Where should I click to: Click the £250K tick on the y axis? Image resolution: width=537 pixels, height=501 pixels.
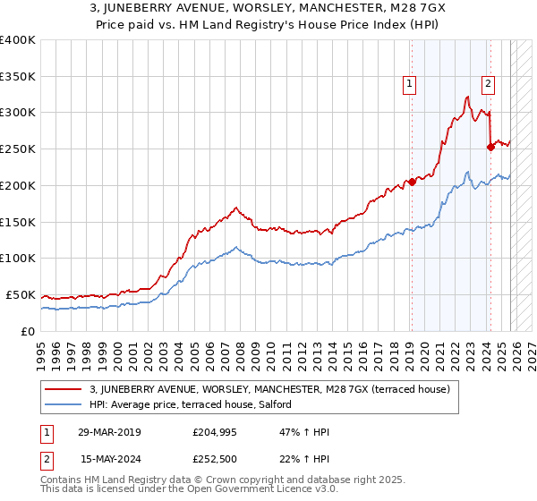18,149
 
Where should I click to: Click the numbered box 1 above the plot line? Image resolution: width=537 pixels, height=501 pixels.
409,84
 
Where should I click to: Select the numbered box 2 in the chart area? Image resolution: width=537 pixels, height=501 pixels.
488,84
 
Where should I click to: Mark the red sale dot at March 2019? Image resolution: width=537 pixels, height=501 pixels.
412,182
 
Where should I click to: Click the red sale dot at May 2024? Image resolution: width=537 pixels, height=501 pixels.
490,148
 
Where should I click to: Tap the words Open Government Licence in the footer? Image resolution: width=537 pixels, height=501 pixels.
243,491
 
